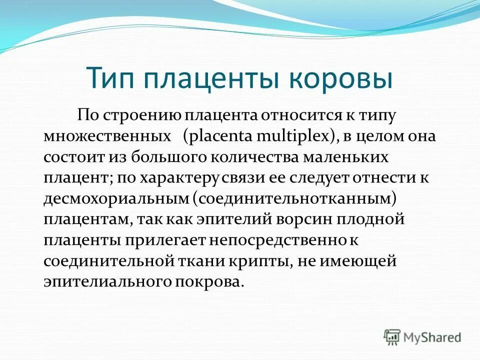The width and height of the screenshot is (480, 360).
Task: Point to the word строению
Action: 143,116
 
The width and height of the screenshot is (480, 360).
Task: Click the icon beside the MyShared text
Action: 392,336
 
